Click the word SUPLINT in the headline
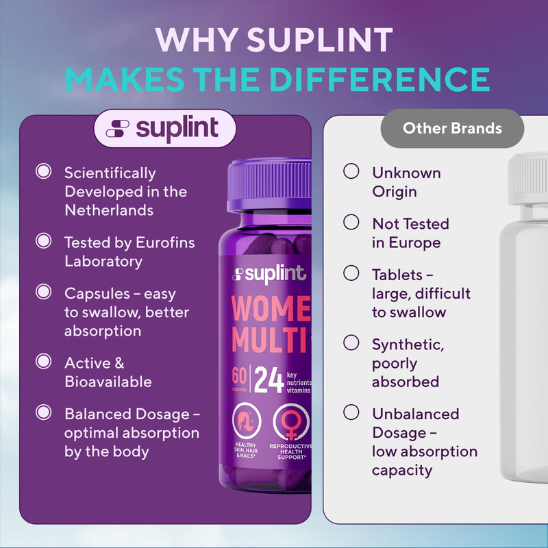(x=320, y=40)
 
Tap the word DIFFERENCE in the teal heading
(x=379, y=79)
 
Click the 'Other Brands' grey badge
(x=452, y=128)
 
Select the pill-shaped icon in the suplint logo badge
(x=117, y=129)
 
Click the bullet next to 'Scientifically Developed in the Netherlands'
(x=44, y=171)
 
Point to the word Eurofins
(x=165, y=242)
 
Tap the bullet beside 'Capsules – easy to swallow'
(x=44, y=292)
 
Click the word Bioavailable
(x=108, y=382)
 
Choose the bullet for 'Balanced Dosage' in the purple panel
(x=44, y=412)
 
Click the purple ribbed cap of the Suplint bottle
(x=269, y=185)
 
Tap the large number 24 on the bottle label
(x=269, y=380)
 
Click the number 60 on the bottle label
(x=239, y=375)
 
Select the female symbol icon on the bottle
(x=290, y=422)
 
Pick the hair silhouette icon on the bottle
(x=247, y=421)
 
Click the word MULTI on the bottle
(x=270, y=339)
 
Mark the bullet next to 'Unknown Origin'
(x=351, y=171)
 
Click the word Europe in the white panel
(x=414, y=243)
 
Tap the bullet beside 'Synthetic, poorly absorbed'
(x=351, y=343)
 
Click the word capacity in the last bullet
(x=402, y=471)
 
